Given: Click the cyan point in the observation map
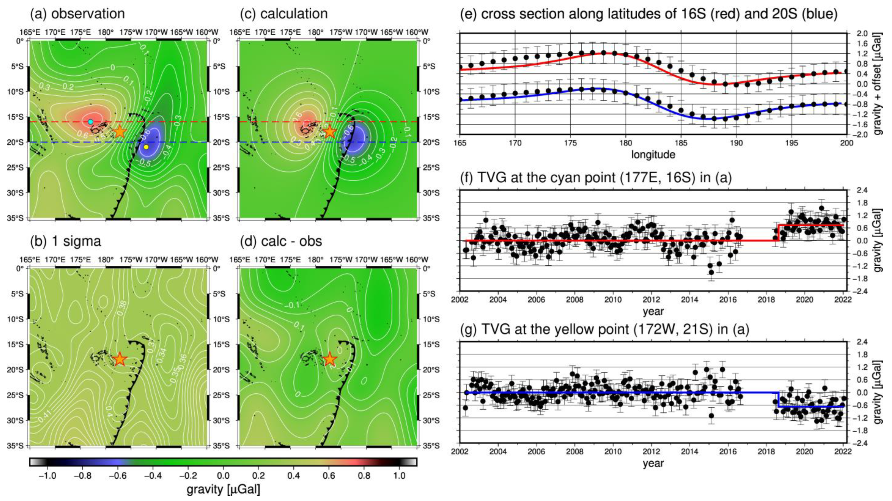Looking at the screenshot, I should pos(90,122).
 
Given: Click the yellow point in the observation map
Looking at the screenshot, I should pos(146,147).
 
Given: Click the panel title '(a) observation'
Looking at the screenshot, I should pos(78,14).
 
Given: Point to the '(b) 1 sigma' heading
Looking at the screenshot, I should pos(66,241).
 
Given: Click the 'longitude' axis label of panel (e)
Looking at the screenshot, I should pos(653,155).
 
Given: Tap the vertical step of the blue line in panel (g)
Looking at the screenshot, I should pos(778,399).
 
